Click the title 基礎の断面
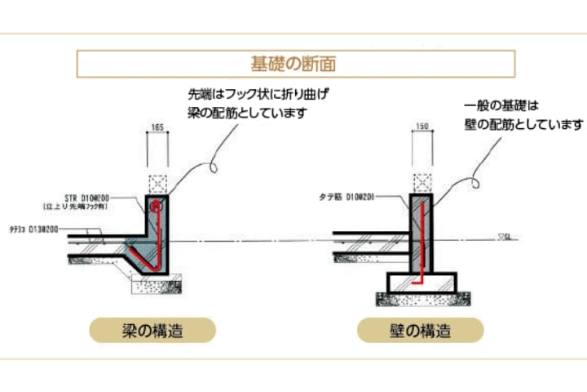(294, 63)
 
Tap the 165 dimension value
(157, 127)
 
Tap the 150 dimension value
(422, 127)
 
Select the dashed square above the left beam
(157, 184)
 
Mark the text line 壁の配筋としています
(523, 124)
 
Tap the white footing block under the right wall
(421, 283)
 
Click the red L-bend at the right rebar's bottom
(417, 278)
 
